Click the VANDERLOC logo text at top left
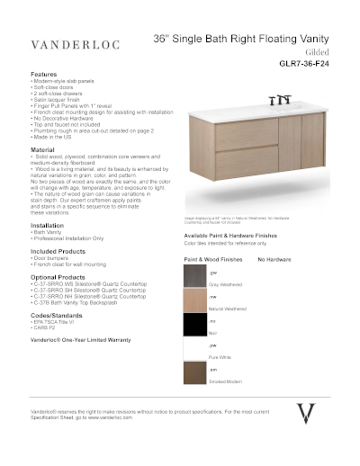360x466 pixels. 70,43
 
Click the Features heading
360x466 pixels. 44,74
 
